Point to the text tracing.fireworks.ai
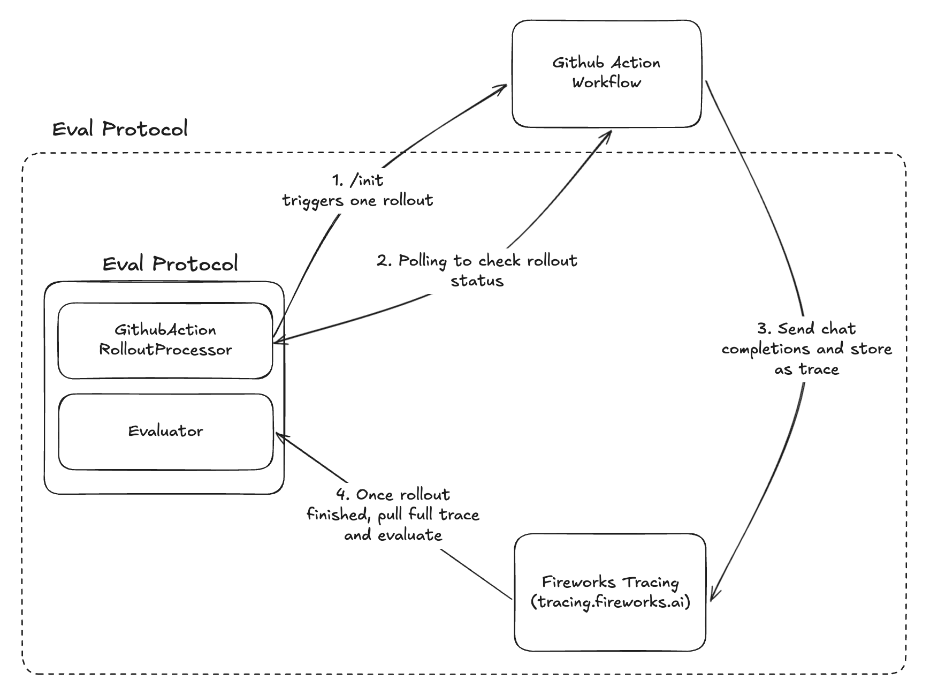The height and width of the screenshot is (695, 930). point(610,602)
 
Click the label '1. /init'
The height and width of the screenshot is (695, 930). point(357,180)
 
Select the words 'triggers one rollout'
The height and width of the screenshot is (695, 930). point(357,201)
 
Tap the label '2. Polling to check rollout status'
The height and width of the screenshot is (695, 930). point(476,270)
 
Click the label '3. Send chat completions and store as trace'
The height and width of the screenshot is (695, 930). point(806,349)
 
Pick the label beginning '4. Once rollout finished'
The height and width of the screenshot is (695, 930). point(393,514)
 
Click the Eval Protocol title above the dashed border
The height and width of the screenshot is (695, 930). point(120,129)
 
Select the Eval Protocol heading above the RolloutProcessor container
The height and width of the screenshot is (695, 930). point(170,264)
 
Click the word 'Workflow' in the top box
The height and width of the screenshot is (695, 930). point(606,83)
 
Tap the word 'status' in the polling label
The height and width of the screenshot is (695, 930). point(477,281)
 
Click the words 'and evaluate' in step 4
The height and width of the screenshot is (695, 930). point(393,535)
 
